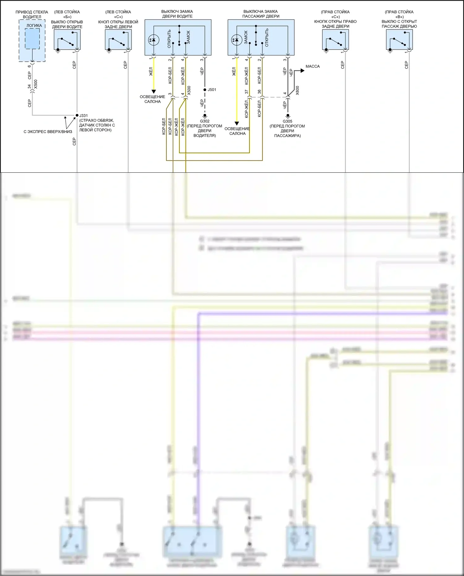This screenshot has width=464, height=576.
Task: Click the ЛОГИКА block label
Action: (x=34, y=26)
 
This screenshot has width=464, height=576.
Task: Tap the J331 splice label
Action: (x=84, y=115)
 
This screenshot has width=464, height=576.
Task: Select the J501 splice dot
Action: (x=205, y=90)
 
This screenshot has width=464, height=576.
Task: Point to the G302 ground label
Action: (x=205, y=121)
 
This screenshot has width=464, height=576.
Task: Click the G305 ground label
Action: (x=287, y=121)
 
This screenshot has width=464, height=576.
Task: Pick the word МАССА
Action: (x=312, y=67)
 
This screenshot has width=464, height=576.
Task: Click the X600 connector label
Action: (x=297, y=90)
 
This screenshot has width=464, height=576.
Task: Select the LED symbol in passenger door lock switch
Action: (x=236, y=40)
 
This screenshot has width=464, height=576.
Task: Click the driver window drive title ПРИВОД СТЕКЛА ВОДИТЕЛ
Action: (x=32, y=14)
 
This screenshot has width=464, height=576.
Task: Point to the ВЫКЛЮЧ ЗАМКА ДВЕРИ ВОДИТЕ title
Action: (x=177, y=14)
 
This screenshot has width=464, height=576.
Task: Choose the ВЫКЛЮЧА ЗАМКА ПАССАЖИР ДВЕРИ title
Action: (x=261, y=14)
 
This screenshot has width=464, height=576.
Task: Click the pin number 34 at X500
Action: (x=30, y=87)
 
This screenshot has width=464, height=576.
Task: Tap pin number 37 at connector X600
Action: (x=247, y=92)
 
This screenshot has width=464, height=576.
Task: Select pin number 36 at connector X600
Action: (x=259, y=92)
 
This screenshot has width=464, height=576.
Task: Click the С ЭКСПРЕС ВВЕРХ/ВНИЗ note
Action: (x=48, y=132)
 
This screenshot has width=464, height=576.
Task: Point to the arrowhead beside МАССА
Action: (x=302, y=71)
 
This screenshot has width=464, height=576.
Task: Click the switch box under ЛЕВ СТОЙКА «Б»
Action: (x=67, y=40)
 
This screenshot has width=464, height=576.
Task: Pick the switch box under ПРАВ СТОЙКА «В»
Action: (x=399, y=40)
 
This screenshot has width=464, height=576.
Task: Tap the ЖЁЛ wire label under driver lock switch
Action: (x=151, y=71)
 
